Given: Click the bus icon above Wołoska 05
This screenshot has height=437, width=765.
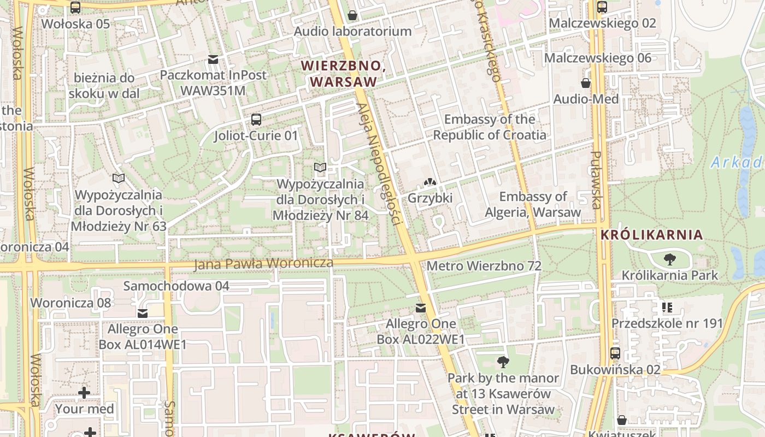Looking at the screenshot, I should coord(75,8).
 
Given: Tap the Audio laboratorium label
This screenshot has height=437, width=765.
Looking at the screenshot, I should coord(352,31).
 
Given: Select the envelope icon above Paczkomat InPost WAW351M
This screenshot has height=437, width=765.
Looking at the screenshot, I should coord(213,59).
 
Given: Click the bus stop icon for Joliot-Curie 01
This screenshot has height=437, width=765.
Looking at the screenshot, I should coord(256,120).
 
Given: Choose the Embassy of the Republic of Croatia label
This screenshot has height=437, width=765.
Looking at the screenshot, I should coord(490,127).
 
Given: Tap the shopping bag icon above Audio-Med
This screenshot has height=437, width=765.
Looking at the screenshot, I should coord(586,83).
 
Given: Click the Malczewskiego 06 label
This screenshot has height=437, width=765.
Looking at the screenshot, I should coord(598,58).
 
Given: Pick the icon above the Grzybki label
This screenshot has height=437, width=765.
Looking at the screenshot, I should coord(430,182).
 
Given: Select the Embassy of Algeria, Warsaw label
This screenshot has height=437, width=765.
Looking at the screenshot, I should coord(533,204).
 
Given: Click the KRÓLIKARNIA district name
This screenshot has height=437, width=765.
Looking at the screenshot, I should coord(651,235).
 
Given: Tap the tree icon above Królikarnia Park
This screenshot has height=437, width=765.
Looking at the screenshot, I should coord(669,259).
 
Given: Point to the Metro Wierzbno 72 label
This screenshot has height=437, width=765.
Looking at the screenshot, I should coord(484,266).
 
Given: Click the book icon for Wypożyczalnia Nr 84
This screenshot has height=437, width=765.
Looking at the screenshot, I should coord(320,167).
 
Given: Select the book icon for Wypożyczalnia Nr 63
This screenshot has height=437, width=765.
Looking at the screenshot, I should coord(118,178).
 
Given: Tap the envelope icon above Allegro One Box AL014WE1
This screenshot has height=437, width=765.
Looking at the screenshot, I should coord(143,313).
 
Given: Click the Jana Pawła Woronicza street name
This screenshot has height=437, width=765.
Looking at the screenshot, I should coord(263,264).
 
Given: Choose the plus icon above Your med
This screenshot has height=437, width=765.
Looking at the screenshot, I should coord(84,393).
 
